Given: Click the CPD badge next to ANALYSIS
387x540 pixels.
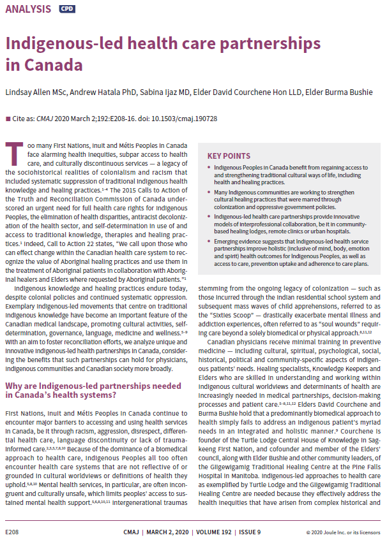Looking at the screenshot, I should (x=66, y=10).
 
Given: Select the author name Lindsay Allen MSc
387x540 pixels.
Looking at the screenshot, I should (x=36, y=92).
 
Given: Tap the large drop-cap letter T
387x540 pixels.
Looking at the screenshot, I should (x=12, y=153).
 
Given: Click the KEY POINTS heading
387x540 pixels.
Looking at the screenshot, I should (x=229, y=156).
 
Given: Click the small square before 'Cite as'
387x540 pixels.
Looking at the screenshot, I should (x=8, y=119).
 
